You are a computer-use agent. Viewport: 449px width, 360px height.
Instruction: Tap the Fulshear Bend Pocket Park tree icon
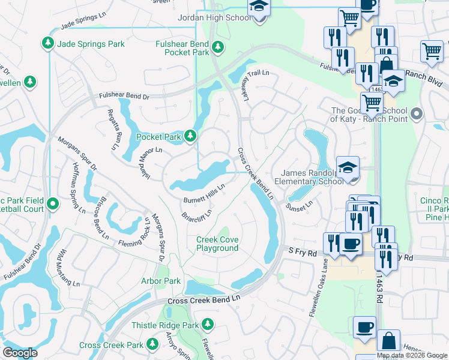pos(218,46)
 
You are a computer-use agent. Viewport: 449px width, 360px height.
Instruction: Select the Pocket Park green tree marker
pos(190,136)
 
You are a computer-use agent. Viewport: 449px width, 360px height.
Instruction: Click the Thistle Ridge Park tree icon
pos(208,325)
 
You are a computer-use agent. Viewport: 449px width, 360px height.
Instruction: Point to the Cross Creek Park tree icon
pos(152,344)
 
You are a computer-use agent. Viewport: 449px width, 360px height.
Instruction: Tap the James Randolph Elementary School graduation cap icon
pos(348,167)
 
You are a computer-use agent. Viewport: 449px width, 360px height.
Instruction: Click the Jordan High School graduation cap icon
pos(259,8)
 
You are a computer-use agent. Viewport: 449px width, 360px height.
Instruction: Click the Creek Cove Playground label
pos(217,244)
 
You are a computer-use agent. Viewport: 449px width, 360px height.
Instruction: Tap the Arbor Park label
pos(160,281)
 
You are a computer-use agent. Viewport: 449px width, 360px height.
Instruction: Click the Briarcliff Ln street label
pos(197,213)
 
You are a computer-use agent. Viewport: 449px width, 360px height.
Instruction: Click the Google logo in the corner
pos(20,353)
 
